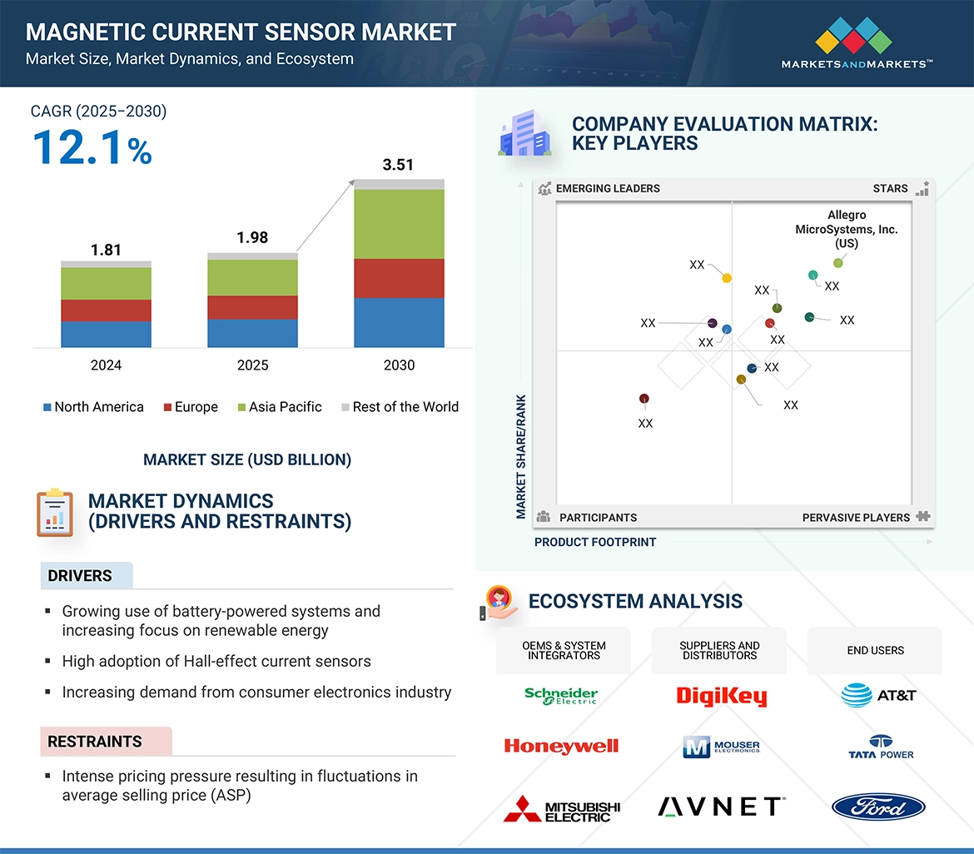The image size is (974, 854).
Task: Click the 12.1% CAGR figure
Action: point(92,147)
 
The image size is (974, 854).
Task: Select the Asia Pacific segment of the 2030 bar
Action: point(399,224)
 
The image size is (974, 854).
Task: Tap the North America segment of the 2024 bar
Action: point(106,334)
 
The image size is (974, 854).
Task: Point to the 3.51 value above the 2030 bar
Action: point(398,165)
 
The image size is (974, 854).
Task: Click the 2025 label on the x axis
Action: point(252,365)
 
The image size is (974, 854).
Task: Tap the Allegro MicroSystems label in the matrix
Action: point(847,229)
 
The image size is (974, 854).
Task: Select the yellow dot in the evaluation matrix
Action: point(727,278)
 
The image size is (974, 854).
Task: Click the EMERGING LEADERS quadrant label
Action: point(608,188)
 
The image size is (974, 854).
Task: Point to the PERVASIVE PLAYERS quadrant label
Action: point(856,518)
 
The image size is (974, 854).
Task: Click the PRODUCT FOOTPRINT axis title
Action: point(595,542)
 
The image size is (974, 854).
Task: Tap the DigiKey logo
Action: point(721,696)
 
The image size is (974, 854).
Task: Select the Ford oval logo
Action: point(878,807)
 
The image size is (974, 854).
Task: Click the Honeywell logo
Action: point(561,747)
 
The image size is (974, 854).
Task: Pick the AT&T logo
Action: point(878,695)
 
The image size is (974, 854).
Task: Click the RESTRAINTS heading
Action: point(95,742)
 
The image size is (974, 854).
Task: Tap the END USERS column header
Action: point(875,650)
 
